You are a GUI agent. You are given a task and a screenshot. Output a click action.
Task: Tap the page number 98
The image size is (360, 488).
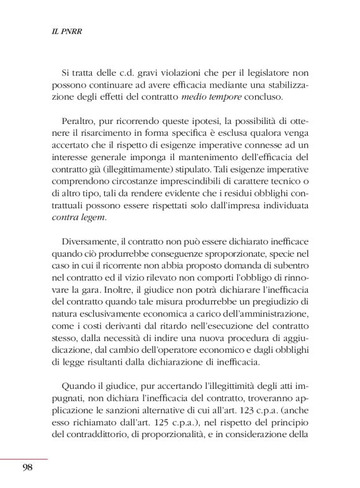(26, 467)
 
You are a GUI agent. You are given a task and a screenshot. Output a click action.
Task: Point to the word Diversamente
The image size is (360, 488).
(90, 241)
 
